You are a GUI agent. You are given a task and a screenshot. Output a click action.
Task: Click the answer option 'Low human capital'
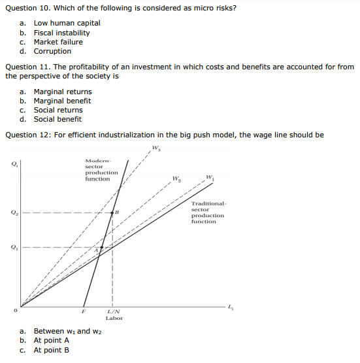tap(67, 23)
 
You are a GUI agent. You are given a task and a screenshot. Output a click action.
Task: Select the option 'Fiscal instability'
tap(61, 33)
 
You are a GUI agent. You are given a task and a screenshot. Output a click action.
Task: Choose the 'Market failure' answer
tap(58, 42)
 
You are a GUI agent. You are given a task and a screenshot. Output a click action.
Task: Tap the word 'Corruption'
tap(52, 51)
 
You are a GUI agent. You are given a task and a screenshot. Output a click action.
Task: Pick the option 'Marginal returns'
tap(63, 92)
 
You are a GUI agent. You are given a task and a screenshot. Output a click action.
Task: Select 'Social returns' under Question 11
tap(58, 110)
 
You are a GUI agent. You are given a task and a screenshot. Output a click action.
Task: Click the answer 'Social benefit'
tap(57, 119)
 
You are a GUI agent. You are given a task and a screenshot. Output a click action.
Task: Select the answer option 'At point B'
tap(52, 349)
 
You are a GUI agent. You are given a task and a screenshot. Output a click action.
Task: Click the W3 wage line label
tap(155, 148)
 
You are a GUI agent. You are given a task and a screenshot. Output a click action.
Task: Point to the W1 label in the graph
tap(209, 177)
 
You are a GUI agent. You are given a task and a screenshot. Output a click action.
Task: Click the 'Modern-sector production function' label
tap(101, 169)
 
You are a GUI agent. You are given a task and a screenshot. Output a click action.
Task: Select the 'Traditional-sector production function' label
tap(208, 213)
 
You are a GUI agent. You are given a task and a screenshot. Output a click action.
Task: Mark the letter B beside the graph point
tap(116, 213)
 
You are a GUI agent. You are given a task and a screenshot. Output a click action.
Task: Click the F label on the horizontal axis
tap(83, 312)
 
